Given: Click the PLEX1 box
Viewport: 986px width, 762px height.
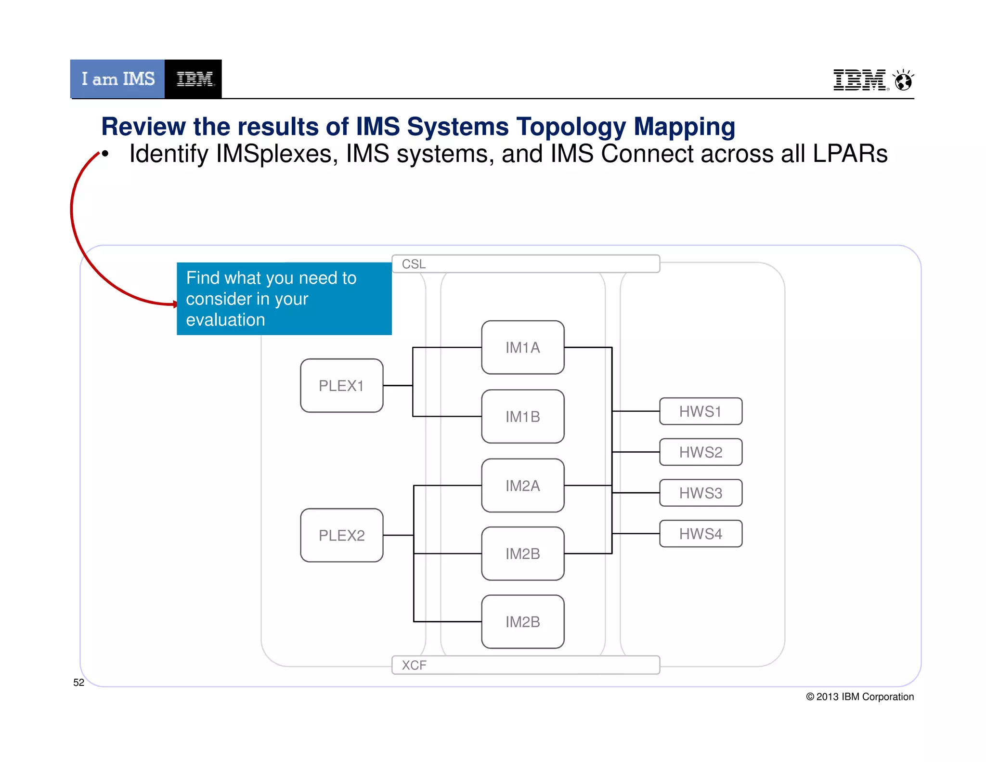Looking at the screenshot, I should [x=341, y=385].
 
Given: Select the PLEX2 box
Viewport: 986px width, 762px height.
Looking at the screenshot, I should [x=341, y=535].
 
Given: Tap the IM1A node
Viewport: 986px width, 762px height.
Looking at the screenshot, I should [x=522, y=347].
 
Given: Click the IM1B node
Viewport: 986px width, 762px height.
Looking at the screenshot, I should [x=522, y=416].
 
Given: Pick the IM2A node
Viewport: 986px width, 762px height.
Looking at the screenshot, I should [x=522, y=485].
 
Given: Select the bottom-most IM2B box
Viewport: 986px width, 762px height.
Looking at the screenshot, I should [x=522, y=621].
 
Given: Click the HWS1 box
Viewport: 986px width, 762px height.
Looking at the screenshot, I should [x=700, y=411].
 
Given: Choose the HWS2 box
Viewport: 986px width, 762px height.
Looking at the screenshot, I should [x=700, y=452].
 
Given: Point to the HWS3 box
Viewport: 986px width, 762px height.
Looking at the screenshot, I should [x=700, y=493].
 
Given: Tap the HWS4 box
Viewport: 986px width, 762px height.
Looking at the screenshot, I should [x=700, y=534].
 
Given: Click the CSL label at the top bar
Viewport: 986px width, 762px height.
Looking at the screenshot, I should [x=414, y=264].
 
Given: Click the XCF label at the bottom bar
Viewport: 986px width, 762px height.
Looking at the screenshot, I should [x=414, y=665].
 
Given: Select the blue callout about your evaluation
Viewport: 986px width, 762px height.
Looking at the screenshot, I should [x=284, y=299].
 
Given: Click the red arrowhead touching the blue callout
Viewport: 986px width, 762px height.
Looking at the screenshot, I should [x=175, y=304].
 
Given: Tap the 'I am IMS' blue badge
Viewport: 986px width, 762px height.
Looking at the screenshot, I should [x=117, y=79].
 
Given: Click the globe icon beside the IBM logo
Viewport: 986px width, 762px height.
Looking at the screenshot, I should [x=903, y=80].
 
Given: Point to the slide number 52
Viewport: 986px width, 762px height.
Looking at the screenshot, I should [x=78, y=683].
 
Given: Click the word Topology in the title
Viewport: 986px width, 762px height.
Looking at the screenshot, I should [x=571, y=127].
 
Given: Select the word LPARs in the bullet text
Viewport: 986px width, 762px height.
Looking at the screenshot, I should [x=850, y=154].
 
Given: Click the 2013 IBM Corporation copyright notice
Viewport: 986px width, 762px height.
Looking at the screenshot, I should [x=860, y=696].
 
